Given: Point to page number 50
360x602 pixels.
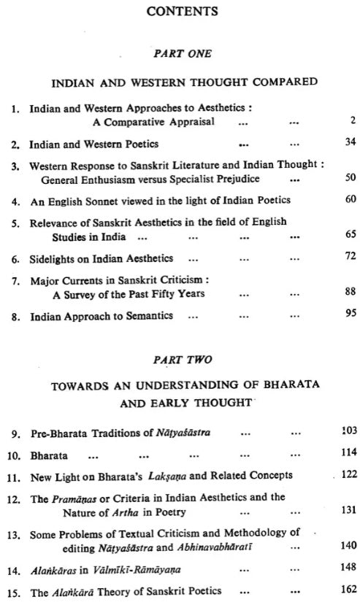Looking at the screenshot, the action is pyautogui.click(x=350, y=177).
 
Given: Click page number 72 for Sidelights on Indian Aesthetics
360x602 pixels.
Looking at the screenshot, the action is pyautogui.click(x=350, y=258).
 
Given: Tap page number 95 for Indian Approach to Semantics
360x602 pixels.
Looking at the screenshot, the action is pyautogui.click(x=350, y=315).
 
